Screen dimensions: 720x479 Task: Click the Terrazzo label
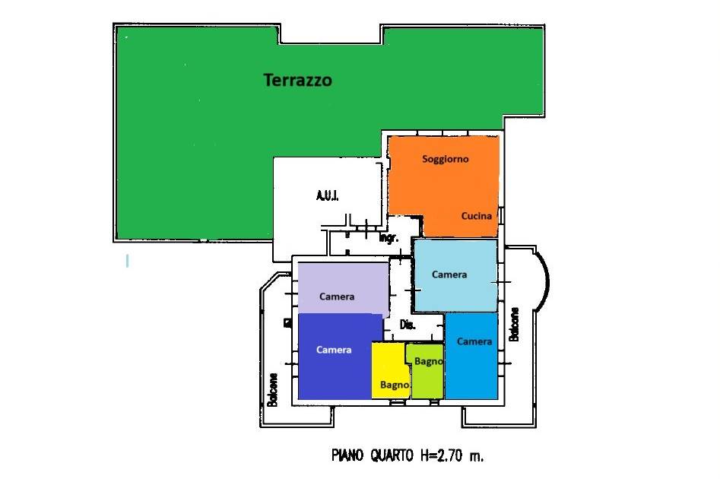pos(297,80)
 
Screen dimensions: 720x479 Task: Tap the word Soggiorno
pos(446,160)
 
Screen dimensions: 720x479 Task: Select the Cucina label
pos(477,216)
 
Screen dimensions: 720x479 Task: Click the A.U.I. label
pos(328,195)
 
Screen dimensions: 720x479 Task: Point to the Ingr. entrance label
pos(389,238)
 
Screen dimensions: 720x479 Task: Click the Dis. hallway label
pos(408,325)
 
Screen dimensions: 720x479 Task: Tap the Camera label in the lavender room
pos(337,297)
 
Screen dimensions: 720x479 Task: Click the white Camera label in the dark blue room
pos(334,350)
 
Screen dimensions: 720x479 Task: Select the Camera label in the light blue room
pos(449,274)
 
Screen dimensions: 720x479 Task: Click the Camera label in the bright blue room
pos(474,341)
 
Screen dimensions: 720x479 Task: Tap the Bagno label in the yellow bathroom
pos(395,385)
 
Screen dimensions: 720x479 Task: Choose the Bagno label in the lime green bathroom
pos(428,361)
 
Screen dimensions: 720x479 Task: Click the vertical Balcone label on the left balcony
pos(273,389)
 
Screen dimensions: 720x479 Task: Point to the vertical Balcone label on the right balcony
pos(514,324)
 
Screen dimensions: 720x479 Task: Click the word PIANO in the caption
pos(347,455)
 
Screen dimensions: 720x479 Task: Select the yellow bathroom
pos(389,370)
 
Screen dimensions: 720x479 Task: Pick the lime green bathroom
pos(426,371)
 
